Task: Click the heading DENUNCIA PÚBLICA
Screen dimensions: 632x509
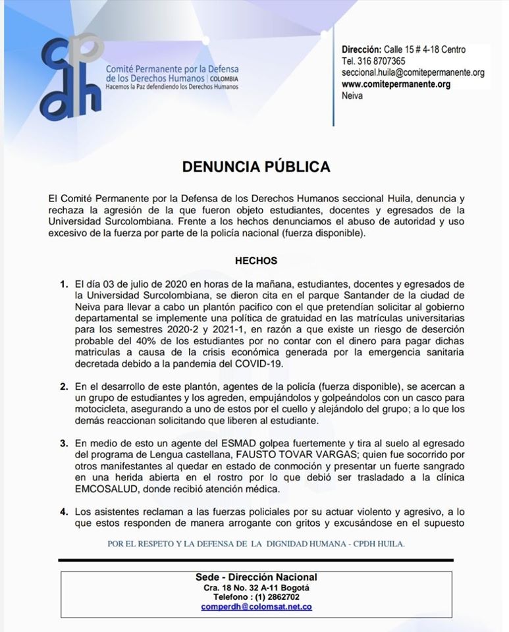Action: coord(256,166)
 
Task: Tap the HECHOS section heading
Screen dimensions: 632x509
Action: coord(256,261)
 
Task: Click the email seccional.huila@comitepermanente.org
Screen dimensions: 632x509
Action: coord(413,72)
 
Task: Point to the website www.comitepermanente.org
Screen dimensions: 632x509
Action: coord(396,84)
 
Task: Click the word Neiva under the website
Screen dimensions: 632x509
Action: coord(352,95)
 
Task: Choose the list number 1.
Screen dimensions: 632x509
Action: coord(64,284)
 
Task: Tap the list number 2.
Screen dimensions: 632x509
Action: coord(64,386)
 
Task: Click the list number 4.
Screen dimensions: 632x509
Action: coord(64,510)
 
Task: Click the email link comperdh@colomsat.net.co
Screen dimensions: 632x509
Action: coord(256,606)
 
